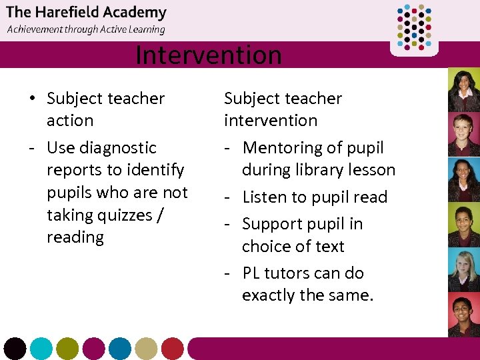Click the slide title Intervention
208,55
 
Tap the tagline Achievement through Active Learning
86,29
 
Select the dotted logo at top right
414,28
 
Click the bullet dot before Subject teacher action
32,99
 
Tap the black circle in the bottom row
15,349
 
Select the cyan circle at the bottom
41,349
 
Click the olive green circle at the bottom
67,349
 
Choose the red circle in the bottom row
173,349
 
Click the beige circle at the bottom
146,349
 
